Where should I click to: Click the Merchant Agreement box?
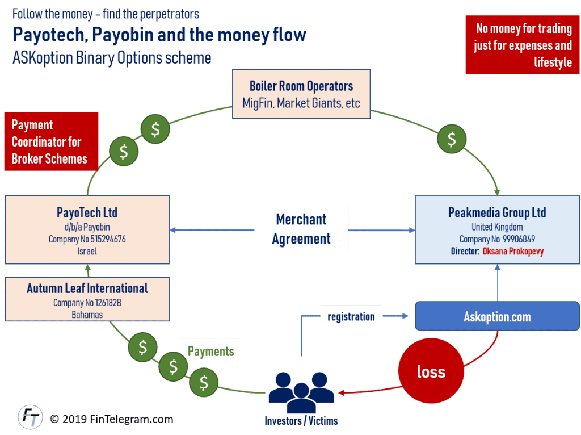pos(301,229)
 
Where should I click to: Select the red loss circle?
pos(431,371)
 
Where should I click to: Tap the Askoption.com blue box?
pos(497,317)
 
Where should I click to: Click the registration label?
pos(351,316)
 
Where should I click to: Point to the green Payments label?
pos(210,351)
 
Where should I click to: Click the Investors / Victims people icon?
pos(301,391)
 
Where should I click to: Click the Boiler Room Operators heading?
pos(301,86)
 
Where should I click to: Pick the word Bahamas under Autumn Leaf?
pos(87,314)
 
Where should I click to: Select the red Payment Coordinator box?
pos(50,141)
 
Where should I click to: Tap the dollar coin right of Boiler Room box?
pos(452,138)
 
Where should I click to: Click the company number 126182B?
pos(103,303)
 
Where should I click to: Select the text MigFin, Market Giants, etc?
pos(301,104)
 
